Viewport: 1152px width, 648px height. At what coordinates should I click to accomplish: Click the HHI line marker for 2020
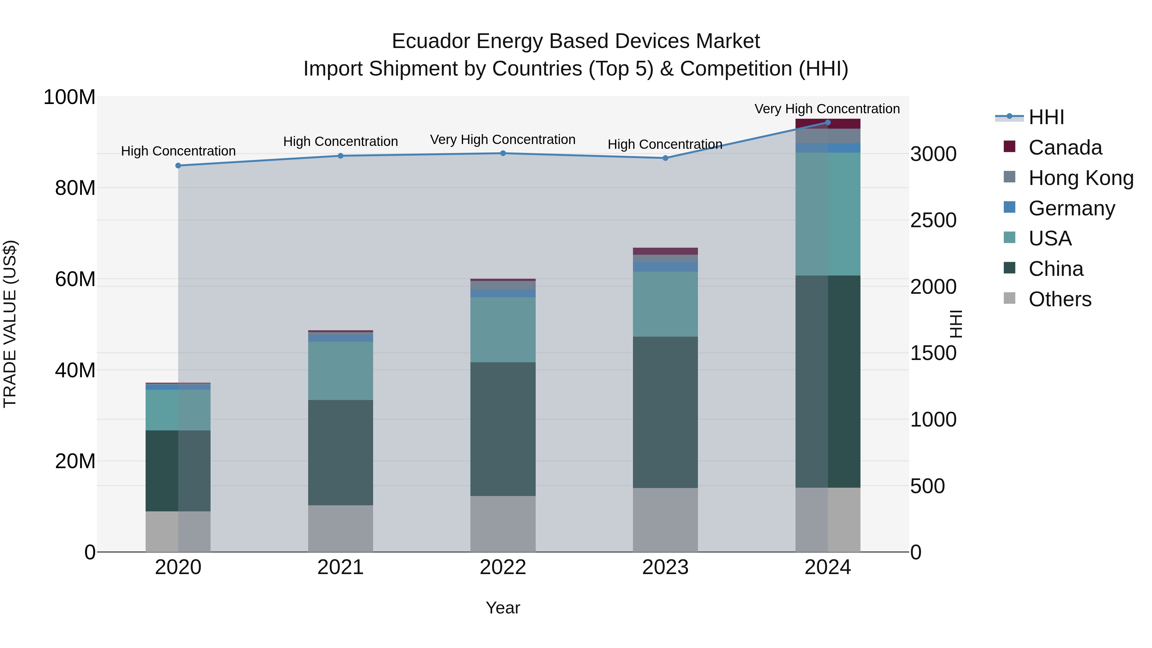click(x=178, y=165)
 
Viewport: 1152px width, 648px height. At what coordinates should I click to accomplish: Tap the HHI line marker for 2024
click(x=827, y=122)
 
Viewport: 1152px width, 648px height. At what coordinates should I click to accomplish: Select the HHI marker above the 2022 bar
click(x=503, y=153)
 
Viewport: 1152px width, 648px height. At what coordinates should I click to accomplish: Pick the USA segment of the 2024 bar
click(x=827, y=214)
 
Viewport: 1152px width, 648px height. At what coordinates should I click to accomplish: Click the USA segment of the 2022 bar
click(x=503, y=330)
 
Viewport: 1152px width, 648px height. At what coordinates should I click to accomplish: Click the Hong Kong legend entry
click(x=1080, y=178)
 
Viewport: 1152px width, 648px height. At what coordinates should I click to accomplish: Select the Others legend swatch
click(x=1009, y=298)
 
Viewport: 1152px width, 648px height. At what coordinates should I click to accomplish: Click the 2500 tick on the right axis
click(x=933, y=220)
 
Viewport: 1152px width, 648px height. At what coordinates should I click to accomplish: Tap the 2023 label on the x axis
click(x=665, y=567)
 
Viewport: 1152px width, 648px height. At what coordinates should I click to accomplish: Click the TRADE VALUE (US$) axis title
click(x=10, y=324)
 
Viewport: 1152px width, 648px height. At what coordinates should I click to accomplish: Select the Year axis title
click(x=503, y=608)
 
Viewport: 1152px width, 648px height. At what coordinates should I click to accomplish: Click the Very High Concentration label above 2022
click(x=503, y=140)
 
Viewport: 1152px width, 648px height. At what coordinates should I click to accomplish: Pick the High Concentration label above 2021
click(x=340, y=141)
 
